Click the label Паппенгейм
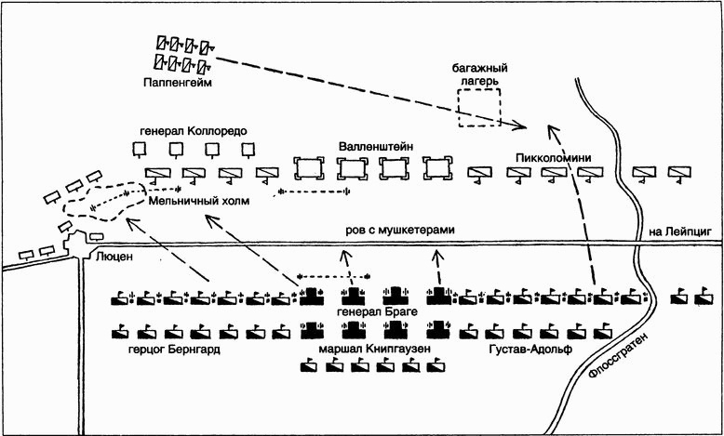pos(180,84)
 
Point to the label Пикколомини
pos(553,158)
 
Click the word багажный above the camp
pos(479,67)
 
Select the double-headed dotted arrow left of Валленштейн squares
pos(314,192)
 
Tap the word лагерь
pos(478,81)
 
